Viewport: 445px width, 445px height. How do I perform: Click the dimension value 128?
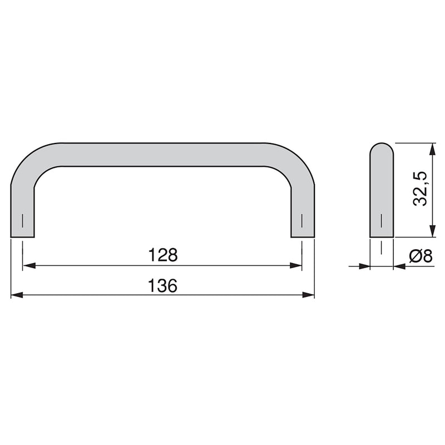coord(162,255)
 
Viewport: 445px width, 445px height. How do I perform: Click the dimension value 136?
coord(162,285)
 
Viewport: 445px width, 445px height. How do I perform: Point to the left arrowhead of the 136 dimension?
coord(17,295)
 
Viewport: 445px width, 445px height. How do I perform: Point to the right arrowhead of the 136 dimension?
coord(309,295)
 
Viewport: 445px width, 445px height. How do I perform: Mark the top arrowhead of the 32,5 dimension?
coord(431,148)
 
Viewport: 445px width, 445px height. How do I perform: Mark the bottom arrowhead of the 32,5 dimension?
coord(431,233)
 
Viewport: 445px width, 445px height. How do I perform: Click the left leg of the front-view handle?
coord(23,211)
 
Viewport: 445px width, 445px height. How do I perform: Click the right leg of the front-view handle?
coord(303,211)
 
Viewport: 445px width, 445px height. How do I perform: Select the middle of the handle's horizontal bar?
coord(162,154)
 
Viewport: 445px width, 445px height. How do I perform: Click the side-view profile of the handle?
coord(382,195)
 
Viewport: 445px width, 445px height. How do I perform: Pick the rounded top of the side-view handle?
coord(382,149)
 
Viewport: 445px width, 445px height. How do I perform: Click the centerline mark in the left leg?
coord(23,220)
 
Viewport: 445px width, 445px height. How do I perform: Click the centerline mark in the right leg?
coord(303,220)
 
